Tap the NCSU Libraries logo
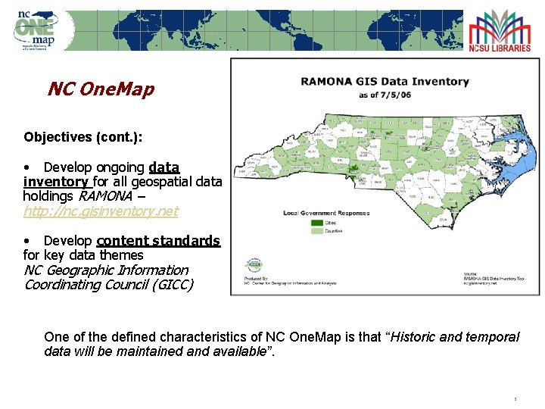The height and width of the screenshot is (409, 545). point(499,31)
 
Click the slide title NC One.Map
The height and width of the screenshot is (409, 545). point(101,89)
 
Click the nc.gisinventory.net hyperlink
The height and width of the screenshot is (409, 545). point(101,211)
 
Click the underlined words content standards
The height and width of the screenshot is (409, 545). point(158,241)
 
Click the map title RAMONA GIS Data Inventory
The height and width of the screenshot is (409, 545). point(385,82)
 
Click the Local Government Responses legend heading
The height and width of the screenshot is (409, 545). point(326,214)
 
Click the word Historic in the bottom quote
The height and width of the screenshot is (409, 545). point(417,337)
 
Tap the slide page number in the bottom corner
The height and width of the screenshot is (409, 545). point(515,398)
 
